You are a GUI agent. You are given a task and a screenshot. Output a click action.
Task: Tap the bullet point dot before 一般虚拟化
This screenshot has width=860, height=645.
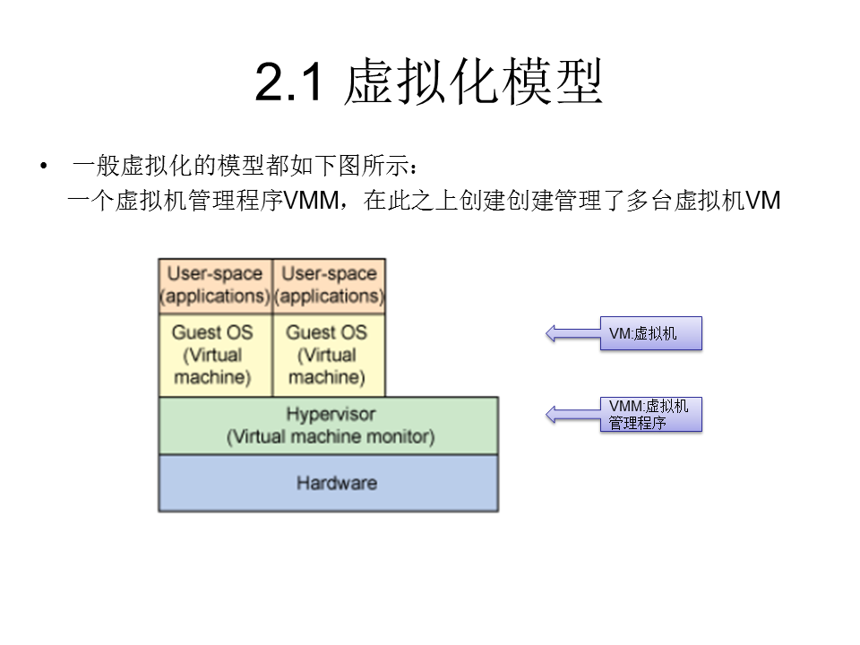coord(43,168)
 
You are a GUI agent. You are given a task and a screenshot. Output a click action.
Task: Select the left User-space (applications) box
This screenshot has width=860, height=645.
coord(214,285)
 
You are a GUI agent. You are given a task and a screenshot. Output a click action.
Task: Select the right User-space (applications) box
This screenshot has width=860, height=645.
coord(329,285)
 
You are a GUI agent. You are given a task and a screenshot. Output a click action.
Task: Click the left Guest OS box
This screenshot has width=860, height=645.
coord(214,355)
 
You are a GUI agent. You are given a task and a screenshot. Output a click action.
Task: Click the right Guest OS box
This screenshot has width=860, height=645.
coord(328,355)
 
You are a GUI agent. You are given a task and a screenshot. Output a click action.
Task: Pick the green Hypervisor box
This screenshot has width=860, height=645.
coord(328,426)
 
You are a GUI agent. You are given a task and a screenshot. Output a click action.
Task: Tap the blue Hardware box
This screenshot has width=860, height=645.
coord(328,483)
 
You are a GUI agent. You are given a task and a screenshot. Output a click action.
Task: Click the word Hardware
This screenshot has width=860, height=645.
coord(337,483)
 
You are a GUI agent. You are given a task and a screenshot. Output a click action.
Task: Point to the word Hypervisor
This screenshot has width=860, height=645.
coord(331,415)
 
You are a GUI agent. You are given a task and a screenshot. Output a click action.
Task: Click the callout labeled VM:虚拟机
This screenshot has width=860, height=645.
coord(650,334)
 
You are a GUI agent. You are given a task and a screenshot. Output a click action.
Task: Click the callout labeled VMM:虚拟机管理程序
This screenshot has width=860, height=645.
coord(650,415)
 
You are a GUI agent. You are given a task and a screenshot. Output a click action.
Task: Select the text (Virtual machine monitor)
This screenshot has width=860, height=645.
coord(331,437)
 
